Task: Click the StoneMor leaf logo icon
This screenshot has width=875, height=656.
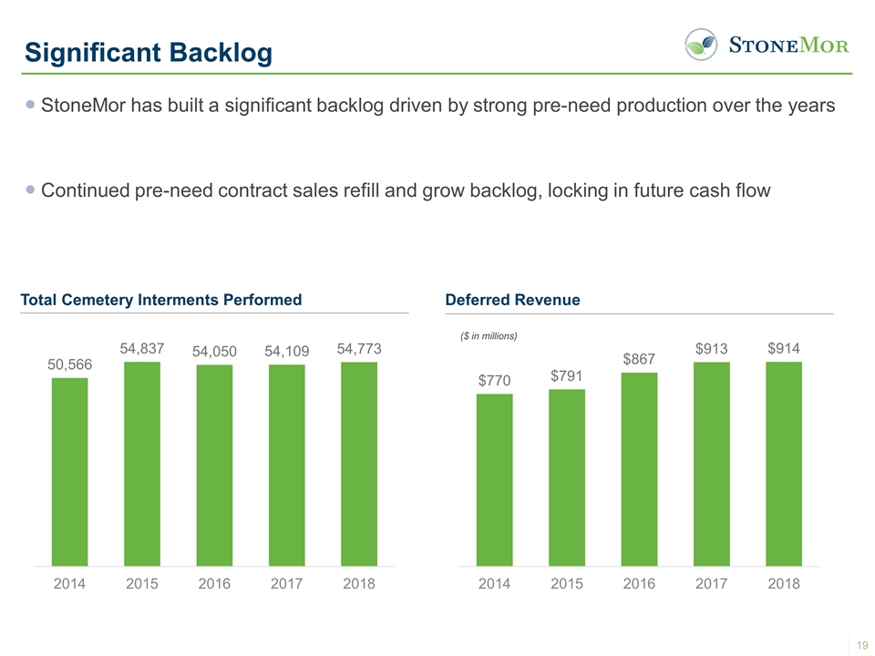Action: click(700, 44)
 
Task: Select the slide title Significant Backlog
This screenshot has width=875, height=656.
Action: click(149, 53)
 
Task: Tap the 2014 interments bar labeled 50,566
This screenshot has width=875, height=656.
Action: click(69, 471)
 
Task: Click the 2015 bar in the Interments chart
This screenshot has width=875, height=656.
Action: click(142, 464)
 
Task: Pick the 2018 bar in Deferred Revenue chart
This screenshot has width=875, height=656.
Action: click(784, 464)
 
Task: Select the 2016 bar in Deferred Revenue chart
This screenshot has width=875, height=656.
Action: click(639, 469)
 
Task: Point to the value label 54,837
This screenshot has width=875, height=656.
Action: click(142, 348)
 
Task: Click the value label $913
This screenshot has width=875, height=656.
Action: click(711, 348)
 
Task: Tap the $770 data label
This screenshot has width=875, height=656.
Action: click(494, 380)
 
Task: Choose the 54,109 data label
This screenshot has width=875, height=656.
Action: click(287, 351)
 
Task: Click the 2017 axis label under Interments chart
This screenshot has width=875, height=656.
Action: click(287, 584)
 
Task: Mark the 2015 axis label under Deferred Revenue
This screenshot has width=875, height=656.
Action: click(567, 584)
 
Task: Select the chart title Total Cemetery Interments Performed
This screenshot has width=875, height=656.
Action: click(160, 300)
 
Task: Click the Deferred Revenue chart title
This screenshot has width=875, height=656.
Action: click(512, 300)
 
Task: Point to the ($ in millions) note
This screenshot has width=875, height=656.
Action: click(489, 336)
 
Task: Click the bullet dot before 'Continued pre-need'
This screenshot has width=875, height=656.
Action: click(32, 190)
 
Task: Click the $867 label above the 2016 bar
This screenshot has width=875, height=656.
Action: click(639, 359)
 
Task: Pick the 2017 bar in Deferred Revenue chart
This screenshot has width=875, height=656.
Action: click(711, 464)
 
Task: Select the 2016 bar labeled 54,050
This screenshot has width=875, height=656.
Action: click(214, 466)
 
